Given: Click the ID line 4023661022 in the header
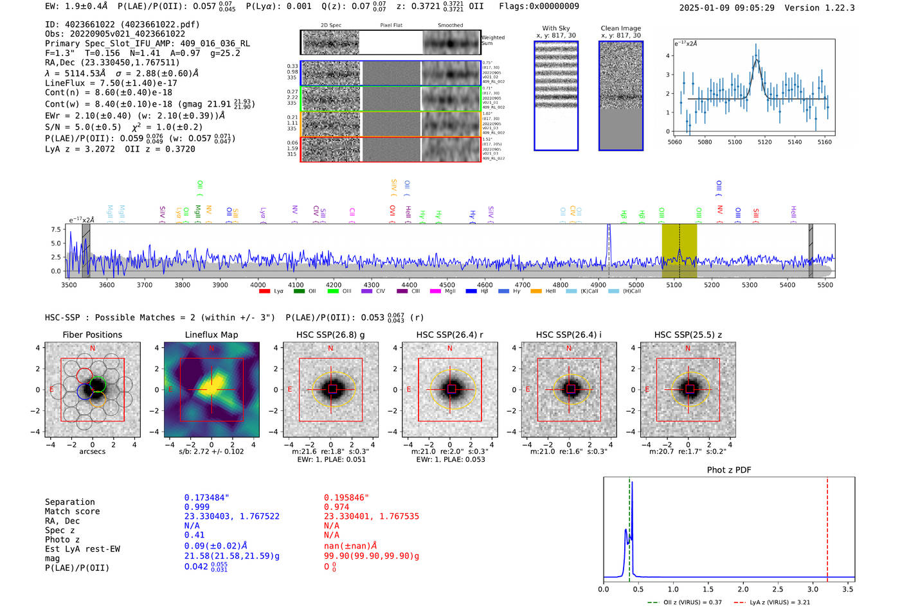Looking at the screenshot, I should pyautogui.click(x=122, y=24).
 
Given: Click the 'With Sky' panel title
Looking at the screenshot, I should pyautogui.click(x=555, y=28).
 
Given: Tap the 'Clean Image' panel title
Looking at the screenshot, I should pyautogui.click(x=620, y=28).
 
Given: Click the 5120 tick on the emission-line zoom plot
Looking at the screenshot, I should pyautogui.click(x=764, y=142).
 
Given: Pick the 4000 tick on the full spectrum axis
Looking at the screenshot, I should pyautogui.click(x=258, y=284).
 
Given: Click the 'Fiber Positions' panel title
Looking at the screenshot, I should pyautogui.click(x=92, y=335).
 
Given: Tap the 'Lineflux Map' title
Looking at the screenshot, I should pyautogui.click(x=212, y=335).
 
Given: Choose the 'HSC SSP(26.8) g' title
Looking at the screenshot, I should pyautogui.click(x=330, y=335).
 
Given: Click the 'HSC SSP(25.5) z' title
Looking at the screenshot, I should pyautogui.click(x=688, y=335).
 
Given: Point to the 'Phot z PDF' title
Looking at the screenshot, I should pyautogui.click(x=729, y=470).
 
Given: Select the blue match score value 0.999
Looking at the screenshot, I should pyautogui.click(x=197, y=507).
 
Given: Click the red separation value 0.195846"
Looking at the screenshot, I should pyautogui.click(x=347, y=498).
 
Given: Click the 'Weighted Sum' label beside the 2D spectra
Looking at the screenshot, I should pyautogui.click(x=493, y=40).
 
